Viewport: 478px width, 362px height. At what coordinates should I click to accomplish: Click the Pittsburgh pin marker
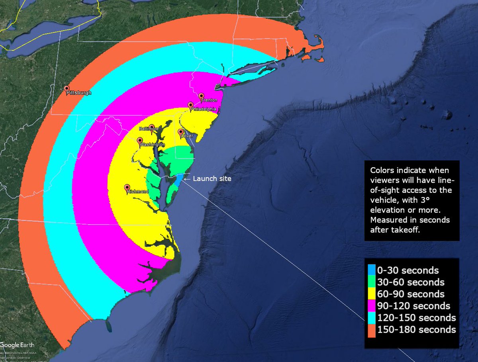coord(67,89)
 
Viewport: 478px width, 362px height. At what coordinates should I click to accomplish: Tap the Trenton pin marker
coord(202,96)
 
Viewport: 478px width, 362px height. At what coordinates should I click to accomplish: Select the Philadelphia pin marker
coord(191,105)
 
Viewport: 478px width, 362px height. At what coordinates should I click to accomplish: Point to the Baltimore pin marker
coord(152,127)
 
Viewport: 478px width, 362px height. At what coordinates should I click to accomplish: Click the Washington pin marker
coord(140,141)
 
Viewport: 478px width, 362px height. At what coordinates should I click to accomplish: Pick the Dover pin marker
coord(180,132)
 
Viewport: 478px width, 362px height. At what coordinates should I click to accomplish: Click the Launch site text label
coord(212,179)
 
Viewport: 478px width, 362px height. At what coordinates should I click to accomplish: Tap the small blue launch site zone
coord(179,180)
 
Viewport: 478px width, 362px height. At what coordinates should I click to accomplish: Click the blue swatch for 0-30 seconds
coord(372,270)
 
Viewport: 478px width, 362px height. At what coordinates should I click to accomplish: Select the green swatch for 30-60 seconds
coord(372,282)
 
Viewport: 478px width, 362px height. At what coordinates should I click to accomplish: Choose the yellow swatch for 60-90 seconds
coord(372,294)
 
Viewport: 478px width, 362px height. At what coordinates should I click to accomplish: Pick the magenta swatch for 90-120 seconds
coord(372,306)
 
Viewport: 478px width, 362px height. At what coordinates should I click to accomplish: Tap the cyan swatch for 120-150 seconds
coord(372,318)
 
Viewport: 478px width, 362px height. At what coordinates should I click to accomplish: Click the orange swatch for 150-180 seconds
coord(372,330)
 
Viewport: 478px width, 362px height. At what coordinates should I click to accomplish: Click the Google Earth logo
coord(17,345)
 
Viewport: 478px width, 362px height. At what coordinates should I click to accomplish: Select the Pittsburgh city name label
coord(79,93)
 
